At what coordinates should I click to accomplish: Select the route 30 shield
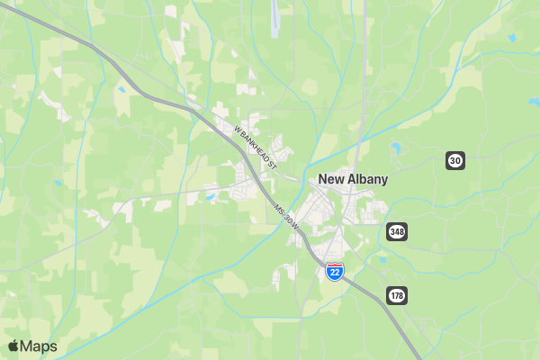click(455, 160)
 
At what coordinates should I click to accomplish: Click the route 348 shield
click(397, 231)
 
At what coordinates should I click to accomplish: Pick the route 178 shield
click(397, 294)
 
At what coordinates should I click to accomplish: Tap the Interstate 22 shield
click(334, 271)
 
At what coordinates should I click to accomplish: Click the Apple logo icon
click(13, 346)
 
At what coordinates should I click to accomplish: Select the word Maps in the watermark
click(40, 346)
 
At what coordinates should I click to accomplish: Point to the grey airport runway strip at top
click(274, 18)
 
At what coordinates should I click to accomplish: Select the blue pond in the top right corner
click(511, 38)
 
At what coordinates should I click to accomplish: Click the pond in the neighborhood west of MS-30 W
click(209, 196)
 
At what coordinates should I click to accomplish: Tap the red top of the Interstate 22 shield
click(334, 265)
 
